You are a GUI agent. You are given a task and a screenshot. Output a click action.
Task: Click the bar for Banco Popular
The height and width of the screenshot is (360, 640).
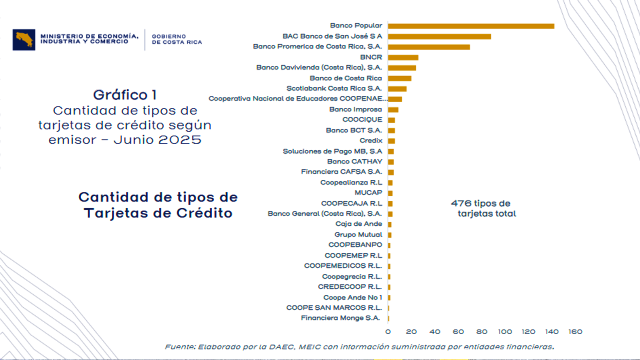[470, 26]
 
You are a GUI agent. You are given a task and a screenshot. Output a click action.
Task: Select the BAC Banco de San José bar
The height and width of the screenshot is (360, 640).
[439, 36]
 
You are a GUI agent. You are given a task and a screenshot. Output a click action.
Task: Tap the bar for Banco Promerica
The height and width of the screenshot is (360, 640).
[428, 47]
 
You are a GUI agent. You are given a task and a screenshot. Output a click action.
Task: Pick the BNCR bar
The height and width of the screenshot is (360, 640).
[402, 57]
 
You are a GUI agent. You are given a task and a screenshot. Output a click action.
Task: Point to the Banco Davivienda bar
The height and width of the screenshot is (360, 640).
[401, 68]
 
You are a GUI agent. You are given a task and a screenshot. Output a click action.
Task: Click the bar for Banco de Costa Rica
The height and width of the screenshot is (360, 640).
[399, 78]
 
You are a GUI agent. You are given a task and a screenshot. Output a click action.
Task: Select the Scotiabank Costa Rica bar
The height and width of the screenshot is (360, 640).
[397, 89]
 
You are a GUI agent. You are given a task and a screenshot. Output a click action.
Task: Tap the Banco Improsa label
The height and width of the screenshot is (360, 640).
[355, 109]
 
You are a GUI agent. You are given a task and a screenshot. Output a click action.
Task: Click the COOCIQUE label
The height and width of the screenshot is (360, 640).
[362, 120]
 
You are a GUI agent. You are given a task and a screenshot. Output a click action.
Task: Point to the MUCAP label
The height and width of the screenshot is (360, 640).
[368, 193]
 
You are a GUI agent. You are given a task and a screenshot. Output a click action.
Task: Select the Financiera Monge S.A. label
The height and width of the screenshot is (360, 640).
[340, 318]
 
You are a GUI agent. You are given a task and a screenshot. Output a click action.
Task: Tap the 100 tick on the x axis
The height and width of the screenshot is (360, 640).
[505, 332]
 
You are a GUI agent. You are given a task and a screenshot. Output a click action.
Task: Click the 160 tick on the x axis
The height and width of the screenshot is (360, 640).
[575, 332]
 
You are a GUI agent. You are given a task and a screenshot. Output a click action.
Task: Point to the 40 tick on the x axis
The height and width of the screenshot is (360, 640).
[434, 332]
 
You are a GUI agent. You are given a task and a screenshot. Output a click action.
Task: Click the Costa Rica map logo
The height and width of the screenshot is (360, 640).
[23, 39]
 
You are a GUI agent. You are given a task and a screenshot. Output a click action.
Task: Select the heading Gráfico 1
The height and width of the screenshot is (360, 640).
[125, 95]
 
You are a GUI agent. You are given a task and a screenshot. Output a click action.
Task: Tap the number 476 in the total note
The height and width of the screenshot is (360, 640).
[461, 203]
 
